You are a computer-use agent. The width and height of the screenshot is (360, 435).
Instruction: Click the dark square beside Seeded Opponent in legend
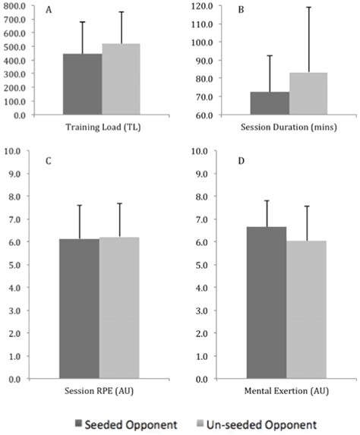[79, 421]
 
